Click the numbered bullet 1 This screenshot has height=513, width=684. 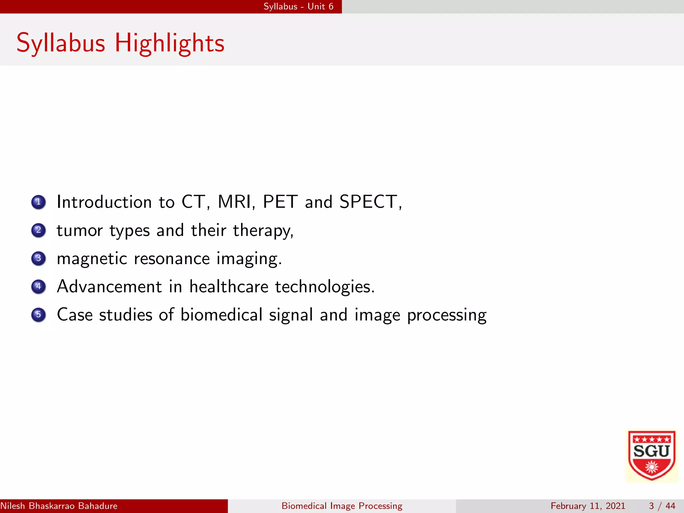tap(38, 202)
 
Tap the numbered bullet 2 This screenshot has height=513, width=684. tap(38, 230)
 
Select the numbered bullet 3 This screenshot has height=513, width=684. tap(38, 258)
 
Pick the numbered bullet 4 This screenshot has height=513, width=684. tap(38, 287)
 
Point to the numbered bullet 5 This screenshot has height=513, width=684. tap(38, 315)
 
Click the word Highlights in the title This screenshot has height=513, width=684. tap(169, 43)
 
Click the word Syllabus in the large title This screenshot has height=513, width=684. tap(61, 43)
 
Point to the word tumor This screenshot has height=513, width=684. tap(79, 230)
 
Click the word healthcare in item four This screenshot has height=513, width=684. tap(229, 287)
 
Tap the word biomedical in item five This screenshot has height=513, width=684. tap(221, 315)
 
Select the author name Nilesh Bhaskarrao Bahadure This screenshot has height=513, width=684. tap(59, 506)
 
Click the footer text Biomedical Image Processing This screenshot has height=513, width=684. tap(342, 506)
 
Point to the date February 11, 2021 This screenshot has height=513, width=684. tap(588, 506)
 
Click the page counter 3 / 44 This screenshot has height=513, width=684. tap(662, 506)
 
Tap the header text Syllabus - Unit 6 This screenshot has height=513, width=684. tap(298, 7)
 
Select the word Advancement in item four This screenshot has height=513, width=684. tap(109, 287)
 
